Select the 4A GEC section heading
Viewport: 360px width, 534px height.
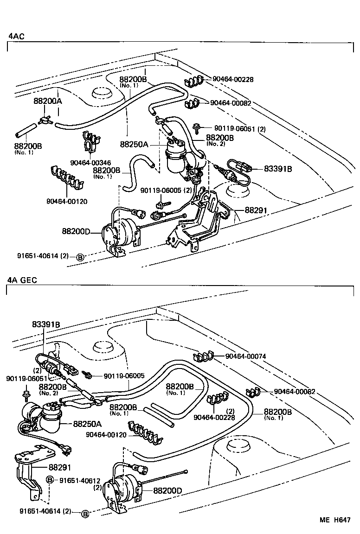pyautogui.click(x=22, y=280)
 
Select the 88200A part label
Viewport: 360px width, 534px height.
pyautogui.click(x=47, y=100)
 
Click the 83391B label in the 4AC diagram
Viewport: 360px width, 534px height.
pyautogui.click(x=278, y=169)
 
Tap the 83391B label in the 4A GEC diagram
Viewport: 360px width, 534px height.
pyautogui.click(x=46, y=324)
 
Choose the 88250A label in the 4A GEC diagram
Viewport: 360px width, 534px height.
pyautogui.click(x=87, y=424)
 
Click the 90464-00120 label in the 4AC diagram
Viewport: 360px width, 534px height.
pyautogui.click(x=66, y=201)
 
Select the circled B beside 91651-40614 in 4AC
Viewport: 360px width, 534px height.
pyautogui.click(x=80, y=257)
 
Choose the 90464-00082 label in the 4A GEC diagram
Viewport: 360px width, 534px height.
pyautogui.click(x=295, y=392)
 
